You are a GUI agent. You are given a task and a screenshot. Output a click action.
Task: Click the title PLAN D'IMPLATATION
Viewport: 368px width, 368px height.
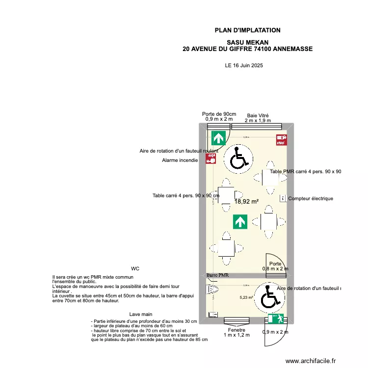[x=247, y=30]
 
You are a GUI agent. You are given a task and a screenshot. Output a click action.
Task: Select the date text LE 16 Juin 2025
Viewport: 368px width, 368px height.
[x=243, y=65]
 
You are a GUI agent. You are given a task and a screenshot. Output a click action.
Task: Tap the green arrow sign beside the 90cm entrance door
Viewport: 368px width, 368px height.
[x=217, y=138]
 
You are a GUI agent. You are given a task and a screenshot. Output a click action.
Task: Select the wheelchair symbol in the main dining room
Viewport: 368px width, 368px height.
[x=238, y=158]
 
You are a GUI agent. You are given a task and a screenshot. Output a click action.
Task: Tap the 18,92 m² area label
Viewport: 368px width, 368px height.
[x=246, y=201]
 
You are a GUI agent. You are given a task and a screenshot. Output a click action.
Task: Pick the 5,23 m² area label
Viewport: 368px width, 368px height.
[x=246, y=297]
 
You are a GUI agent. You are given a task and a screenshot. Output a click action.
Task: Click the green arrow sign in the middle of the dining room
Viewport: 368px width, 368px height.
[x=240, y=222]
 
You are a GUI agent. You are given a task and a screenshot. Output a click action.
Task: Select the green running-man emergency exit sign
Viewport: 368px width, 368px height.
[x=276, y=319]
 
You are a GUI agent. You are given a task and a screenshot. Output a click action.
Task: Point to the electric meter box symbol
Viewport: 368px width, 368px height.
[x=283, y=198]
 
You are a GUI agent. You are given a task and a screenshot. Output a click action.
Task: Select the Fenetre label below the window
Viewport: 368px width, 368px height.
[x=237, y=330]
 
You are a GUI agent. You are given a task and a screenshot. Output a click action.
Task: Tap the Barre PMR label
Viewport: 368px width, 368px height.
[x=218, y=275]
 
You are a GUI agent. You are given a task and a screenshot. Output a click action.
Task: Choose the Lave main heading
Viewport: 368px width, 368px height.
[x=141, y=314]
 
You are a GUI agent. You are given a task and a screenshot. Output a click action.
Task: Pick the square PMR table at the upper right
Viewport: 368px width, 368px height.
[x=270, y=177]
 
